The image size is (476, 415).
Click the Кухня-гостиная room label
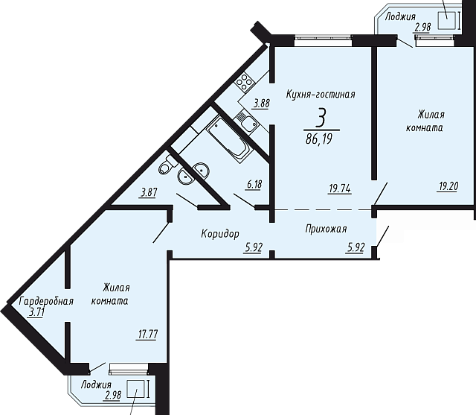pos(321,94)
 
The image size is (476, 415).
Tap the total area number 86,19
pos(320,139)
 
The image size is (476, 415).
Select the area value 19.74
pos(340,189)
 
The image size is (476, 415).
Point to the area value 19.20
pos(448,186)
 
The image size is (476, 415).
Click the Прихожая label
pos(326,229)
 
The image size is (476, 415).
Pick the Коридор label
pos(220,234)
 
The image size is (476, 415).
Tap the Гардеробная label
pos(46,301)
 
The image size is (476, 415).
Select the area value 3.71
pos(36,312)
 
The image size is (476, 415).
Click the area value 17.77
pos(148,335)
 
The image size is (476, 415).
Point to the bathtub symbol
pos(228,139)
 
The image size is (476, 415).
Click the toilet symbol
pos(168,165)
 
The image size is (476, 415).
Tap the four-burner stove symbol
pos(245,81)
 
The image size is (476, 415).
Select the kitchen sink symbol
pos(247,121)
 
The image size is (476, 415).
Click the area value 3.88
pos(261,104)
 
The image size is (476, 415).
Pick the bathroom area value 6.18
pos(254,185)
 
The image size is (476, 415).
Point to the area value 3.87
pos(148,193)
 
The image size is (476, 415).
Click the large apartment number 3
pos(321,119)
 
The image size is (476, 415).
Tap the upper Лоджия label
pos(400,16)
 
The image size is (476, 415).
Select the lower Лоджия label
pos(96,384)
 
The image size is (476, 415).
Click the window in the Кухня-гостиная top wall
pos(324,39)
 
